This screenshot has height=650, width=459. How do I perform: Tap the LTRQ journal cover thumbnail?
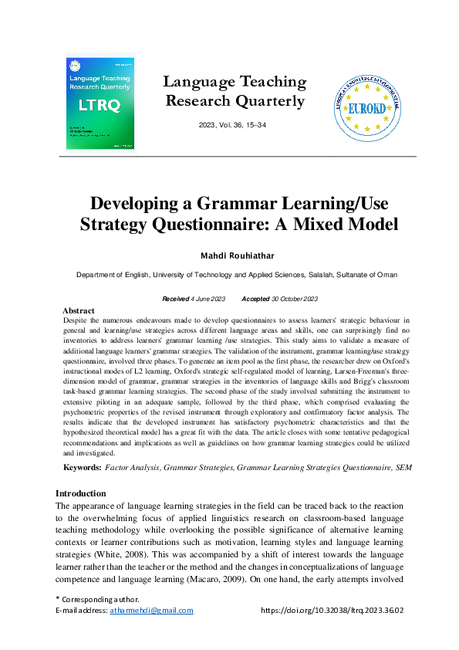coord(101,101)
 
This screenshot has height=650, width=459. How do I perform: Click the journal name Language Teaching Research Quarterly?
coord(235,91)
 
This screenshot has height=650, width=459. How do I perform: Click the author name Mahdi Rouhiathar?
coord(229,255)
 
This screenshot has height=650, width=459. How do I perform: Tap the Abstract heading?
coord(78,310)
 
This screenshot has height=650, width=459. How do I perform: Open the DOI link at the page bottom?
coord(332,610)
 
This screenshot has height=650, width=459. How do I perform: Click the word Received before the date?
coord(177,299)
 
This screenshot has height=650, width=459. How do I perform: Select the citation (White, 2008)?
coord(138,555)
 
